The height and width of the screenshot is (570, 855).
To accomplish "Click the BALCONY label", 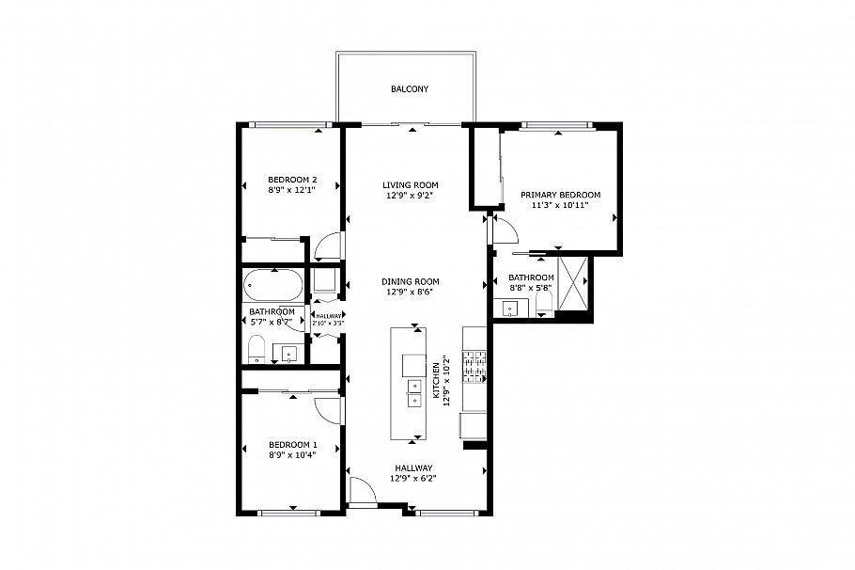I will pyautogui.click(x=410, y=89).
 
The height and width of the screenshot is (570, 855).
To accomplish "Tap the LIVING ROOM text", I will pyautogui.click(x=410, y=185).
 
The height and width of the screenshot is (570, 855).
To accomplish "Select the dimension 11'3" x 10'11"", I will pyautogui.click(x=560, y=206).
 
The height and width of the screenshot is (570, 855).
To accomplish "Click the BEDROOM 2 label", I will pyautogui.click(x=291, y=180).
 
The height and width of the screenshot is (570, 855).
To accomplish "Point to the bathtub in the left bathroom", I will pyautogui.click(x=273, y=285).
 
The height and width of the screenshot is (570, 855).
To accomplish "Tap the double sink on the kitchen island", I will pyautogui.click(x=413, y=392).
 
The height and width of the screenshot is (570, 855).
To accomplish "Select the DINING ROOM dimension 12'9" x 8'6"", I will pyautogui.click(x=410, y=293).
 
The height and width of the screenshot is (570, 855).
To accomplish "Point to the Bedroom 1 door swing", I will pyautogui.click(x=326, y=409).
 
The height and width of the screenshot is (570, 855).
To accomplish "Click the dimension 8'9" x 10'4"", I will pyautogui.click(x=291, y=455).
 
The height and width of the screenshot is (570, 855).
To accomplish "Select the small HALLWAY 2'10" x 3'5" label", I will pyautogui.click(x=329, y=320).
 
